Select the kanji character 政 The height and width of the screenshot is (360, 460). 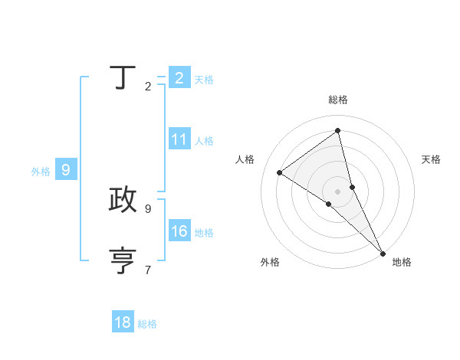(123, 199)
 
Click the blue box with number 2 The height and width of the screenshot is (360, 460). (179, 78)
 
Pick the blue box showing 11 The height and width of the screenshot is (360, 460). (179, 139)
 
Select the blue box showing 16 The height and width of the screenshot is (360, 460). (179, 231)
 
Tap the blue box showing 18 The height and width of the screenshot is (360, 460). (123, 322)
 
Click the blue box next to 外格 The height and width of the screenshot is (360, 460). (66, 170)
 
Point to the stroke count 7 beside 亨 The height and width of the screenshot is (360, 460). (148, 270)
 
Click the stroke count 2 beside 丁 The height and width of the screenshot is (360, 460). (148, 87)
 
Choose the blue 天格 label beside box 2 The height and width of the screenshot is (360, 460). (204, 80)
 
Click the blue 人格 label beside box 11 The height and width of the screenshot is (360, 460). (204, 141)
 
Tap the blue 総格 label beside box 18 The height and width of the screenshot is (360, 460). (147, 324)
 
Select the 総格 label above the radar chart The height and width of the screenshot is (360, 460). (338, 100)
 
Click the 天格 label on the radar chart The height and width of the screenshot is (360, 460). (431, 159)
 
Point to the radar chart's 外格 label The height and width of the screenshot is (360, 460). (270, 263)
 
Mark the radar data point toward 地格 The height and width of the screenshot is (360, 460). (382, 252)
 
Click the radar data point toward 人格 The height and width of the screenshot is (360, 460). (279, 172)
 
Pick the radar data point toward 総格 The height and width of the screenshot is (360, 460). (338, 131)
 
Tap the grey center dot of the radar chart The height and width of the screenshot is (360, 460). (338, 191)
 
